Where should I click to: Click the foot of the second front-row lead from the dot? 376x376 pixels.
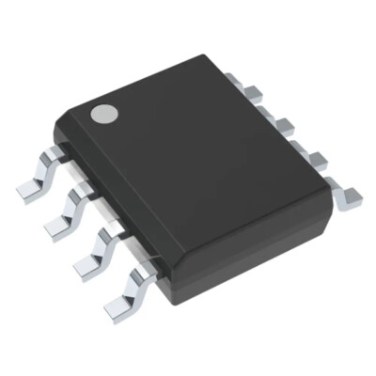[x=58, y=224]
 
